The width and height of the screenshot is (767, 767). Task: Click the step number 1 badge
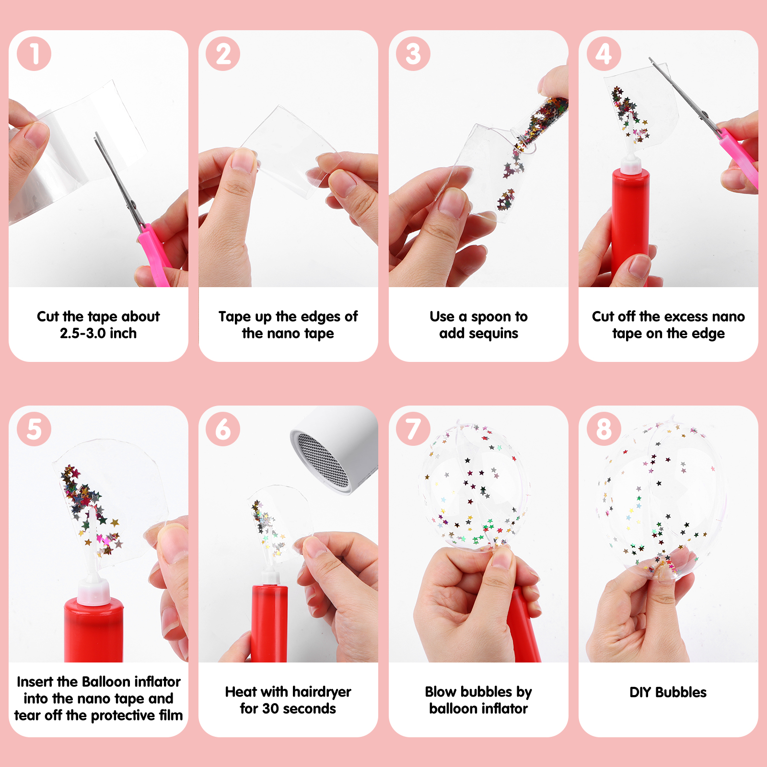(34, 54)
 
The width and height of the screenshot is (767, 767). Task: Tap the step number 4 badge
(604, 54)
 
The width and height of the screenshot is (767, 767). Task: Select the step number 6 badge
(223, 430)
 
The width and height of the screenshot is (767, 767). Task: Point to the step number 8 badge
(604, 430)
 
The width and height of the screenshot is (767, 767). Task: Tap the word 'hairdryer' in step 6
(321, 693)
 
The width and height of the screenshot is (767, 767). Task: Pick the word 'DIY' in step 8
(640, 692)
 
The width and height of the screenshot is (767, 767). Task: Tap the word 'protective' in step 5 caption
(123, 716)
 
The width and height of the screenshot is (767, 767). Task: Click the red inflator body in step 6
(269, 623)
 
